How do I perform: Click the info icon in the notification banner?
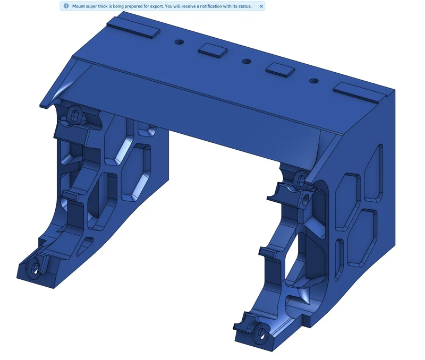pyautogui.click(x=66, y=6)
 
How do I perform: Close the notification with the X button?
pyautogui.click(x=261, y=6)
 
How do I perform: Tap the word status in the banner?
pyautogui.click(x=245, y=6)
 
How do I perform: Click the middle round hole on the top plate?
pyautogui.click(x=246, y=62)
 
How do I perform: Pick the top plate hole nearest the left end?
pyautogui.click(x=179, y=42)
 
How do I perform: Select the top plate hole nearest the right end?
pyautogui.click(x=314, y=81)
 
